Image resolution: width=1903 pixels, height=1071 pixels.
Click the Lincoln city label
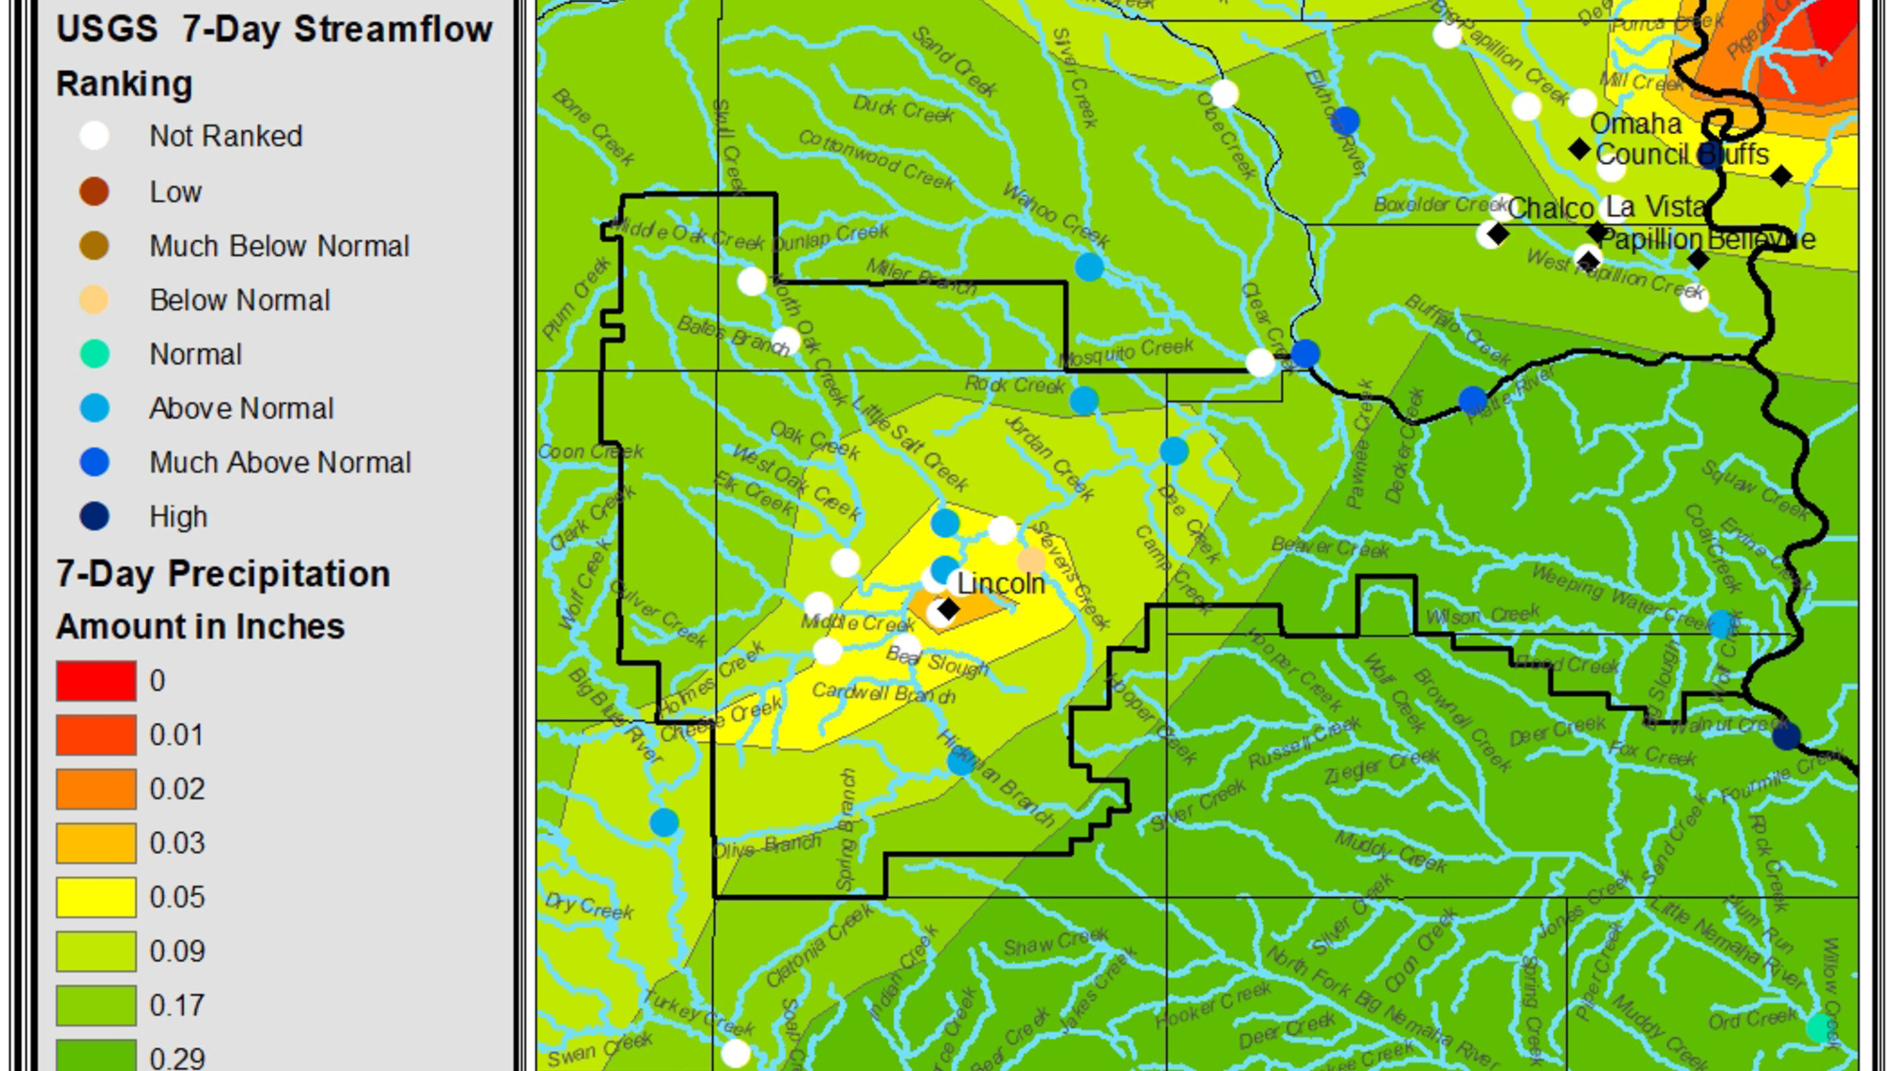click(1000, 584)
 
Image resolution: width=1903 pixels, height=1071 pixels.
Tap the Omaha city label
click(1635, 123)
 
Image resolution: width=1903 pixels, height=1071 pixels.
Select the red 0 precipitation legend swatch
click(96, 680)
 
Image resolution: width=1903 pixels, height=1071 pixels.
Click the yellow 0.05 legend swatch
click(96, 897)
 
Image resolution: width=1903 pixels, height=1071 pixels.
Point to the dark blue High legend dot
click(95, 516)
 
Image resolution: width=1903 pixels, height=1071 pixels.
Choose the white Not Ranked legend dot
click(95, 136)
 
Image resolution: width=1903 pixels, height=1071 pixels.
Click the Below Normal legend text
click(239, 300)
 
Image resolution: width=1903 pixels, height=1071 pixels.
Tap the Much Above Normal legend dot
click(95, 462)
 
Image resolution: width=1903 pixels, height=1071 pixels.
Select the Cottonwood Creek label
click(877, 160)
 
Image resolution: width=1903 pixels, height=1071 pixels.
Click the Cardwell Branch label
click(884, 693)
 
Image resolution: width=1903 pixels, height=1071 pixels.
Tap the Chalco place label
click(1550, 209)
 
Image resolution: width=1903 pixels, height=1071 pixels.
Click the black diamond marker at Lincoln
click(947, 609)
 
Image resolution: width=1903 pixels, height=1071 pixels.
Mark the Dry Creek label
click(589, 905)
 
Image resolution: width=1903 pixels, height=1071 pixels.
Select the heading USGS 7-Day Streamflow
click(274, 30)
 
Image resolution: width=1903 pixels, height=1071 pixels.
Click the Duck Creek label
click(903, 109)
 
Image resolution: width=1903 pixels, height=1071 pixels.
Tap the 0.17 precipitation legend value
click(176, 1005)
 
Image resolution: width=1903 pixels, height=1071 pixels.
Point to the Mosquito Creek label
click(1127, 352)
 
